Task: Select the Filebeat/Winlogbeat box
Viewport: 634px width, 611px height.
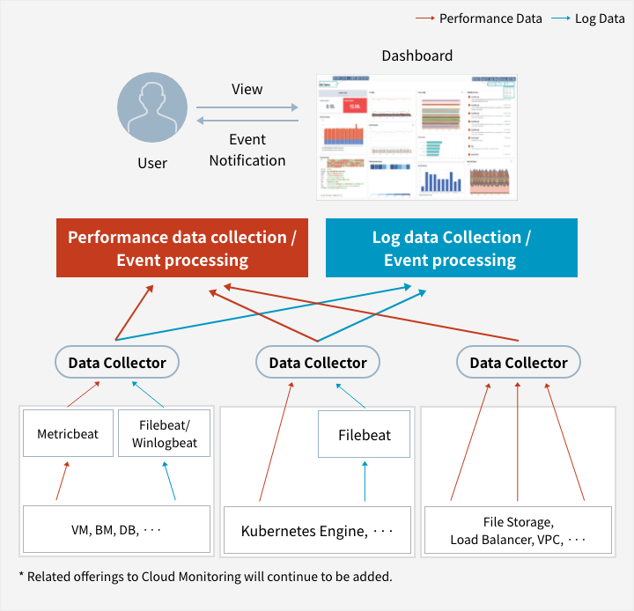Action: pyautogui.click(x=164, y=433)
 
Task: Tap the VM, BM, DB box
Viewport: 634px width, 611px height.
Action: pyautogui.click(x=115, y=530)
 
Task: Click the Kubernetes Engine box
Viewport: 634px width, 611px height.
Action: pyautogui.click(x=317, y=530)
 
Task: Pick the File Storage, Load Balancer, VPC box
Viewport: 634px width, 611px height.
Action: pyautogui.click(x=518, y=530)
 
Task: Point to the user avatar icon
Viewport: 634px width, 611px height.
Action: pyautogui.click(x=152, y=108)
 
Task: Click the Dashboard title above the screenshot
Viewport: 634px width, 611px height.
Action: pyautogui.click(x=417, y=56)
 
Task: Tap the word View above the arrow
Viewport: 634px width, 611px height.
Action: pyautogui.click(x=247, y=89)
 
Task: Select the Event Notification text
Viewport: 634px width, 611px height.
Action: pyautogui.click(x=247, y=150)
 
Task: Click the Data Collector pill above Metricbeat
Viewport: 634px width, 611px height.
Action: pyautogui.click(x=117, y=362)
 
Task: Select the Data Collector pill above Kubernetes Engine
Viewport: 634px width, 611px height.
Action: pyautogui.click(x=317, y=362)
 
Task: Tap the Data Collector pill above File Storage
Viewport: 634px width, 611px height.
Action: pyautogui.click(x=518, y=362)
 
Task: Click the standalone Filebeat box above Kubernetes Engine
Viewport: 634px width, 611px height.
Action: pyautogui.click(x=365, y=434)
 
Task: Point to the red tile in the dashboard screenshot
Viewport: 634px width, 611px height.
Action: pyautogui.click(x=353, y=107)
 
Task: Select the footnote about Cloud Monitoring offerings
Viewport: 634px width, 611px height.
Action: pyautogui.click(x=204, y=578)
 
